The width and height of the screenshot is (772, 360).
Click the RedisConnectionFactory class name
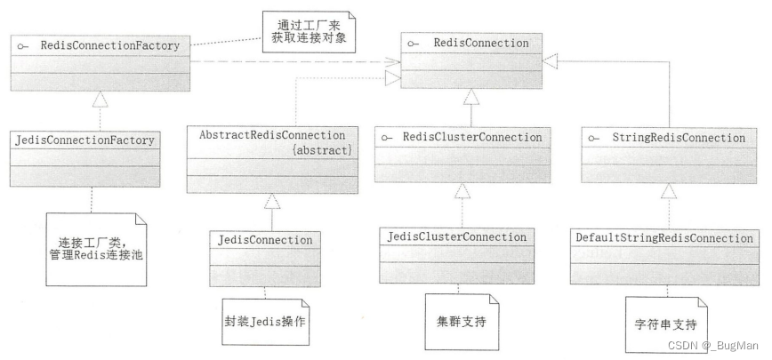point(98,44)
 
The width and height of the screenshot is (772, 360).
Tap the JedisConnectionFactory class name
point(84,140)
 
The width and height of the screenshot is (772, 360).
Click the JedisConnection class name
point(266,240)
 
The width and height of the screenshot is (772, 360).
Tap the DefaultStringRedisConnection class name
point(664,237)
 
